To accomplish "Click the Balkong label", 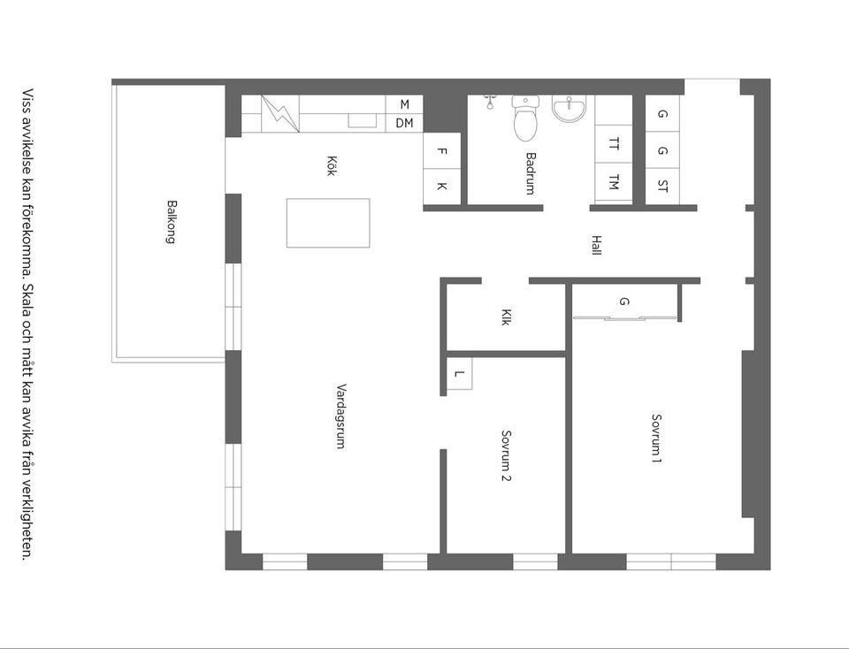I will click(x=170, y=221).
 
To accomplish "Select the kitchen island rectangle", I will click(x=328, y=223).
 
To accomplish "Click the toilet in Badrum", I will click(x=525, y=120).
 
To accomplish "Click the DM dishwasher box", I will click(x=404, y=123).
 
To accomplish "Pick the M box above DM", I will click(x=404, y=104).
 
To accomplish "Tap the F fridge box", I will click(x=442, y=150).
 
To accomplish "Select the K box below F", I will click(x=442, y=186).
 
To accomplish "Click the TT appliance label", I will click(x=613, y=143).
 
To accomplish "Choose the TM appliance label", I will click(x=613, y=183).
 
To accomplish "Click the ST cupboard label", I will click(x=663, y=186).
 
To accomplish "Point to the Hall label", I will click(x=596, y=244).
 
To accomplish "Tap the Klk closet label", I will click(x=505, y=317).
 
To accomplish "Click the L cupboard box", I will click(x=458, y=373).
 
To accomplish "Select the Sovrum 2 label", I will click(x=507, y=455).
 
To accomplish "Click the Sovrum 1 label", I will click(x=656, y=439).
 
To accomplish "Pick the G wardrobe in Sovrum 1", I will click(x=624, y=302).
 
